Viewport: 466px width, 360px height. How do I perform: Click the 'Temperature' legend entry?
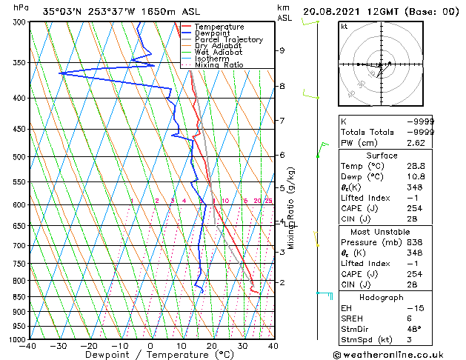219,27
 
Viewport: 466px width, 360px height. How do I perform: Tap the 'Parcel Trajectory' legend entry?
228,39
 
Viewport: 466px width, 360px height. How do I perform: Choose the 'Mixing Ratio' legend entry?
219,65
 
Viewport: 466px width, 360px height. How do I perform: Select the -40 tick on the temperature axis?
28,346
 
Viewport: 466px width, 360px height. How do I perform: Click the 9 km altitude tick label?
282,51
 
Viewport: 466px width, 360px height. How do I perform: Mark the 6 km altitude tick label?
282,155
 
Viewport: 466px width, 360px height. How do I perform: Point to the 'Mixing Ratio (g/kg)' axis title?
291,208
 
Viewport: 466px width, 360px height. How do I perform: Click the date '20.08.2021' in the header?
330,11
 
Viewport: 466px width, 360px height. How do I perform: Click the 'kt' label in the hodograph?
344,27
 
